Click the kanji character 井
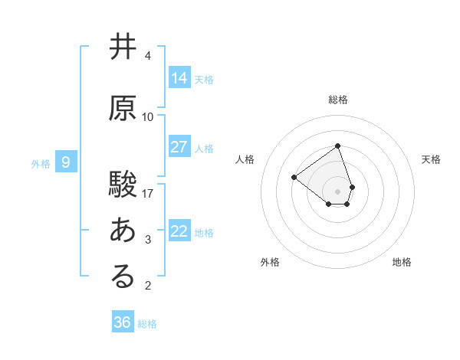pyautogui.click(x=123, y=47)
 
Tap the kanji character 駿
pyautogui.click(x=123, y=184)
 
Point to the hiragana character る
pyautogui.click(x=123, y=277)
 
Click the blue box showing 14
pyautogui.click(x=179, y=78)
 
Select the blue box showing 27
pyautogui.click(x=179, y=147)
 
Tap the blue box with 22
pyautogui.click(x=179, y=231)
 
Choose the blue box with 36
pyautogui.click(x=123, y=322)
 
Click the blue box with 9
pyautogui.click(x=66, y=162)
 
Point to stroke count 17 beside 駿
pyautogui.click(x=148, y=193)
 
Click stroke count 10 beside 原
pyautogui.click(x=148, y=117)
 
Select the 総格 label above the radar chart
pyautogui.click(x=337, y=100)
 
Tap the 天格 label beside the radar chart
pyautogui.click(x=432, y=159)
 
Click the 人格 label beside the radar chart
pyautogui.click(x=245, y=159)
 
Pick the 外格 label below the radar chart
pyautogui.click(x=270, y=262)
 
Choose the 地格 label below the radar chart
pyautogui.click(x=402, y=262)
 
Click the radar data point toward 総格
pyautogui.click(x=337, y=146)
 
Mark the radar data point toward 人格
pyautogui.click(x=294, y=178)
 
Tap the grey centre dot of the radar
pyautogui.click(x=337, y=191)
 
